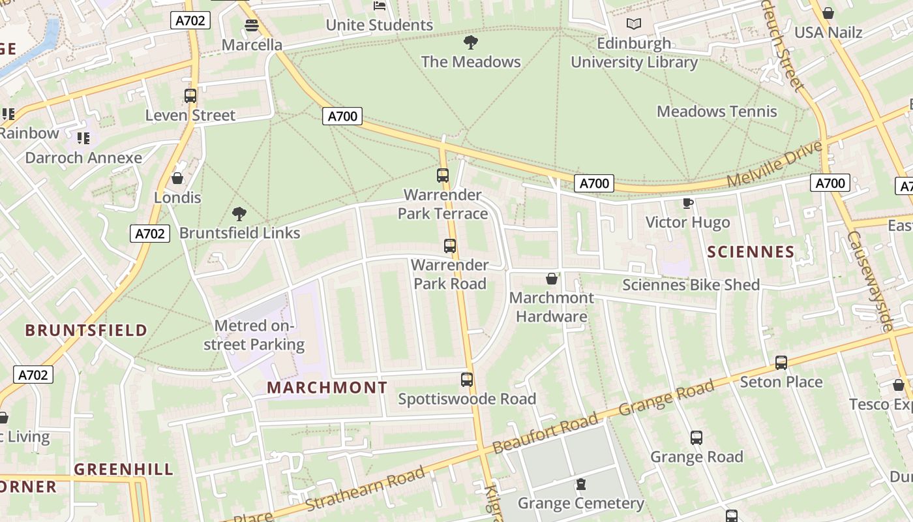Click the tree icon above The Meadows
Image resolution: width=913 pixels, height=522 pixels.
(470, 43)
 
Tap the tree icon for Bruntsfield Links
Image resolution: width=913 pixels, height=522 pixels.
(239, 213)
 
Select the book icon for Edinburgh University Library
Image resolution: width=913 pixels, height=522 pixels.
(634, 24)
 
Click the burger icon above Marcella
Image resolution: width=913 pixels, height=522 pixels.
(252, 25)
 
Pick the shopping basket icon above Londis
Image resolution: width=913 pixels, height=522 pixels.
(177, 178)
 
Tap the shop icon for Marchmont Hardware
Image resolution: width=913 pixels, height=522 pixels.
(552, 279)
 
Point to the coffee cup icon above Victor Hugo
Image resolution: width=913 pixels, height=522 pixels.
(687, 203)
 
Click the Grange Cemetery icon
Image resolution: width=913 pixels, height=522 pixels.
(580, 484)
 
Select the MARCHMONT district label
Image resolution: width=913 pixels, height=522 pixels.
(327, 388)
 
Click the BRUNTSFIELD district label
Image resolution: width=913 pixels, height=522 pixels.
(86, 330)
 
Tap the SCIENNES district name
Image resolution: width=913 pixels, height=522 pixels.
(751, 252)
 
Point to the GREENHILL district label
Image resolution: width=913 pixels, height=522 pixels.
(124, 469)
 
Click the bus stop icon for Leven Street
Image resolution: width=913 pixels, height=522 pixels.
(190, 96)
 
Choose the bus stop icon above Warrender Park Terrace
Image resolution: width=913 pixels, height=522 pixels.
(443, 175)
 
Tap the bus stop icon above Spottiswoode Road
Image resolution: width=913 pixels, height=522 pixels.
(467, 379)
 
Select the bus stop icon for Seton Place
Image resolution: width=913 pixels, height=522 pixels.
(781, 362)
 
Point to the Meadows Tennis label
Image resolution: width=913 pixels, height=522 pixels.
(717, 112)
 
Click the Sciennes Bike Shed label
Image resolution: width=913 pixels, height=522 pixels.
(691, 285)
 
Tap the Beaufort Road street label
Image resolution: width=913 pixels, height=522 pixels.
(545, 433)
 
